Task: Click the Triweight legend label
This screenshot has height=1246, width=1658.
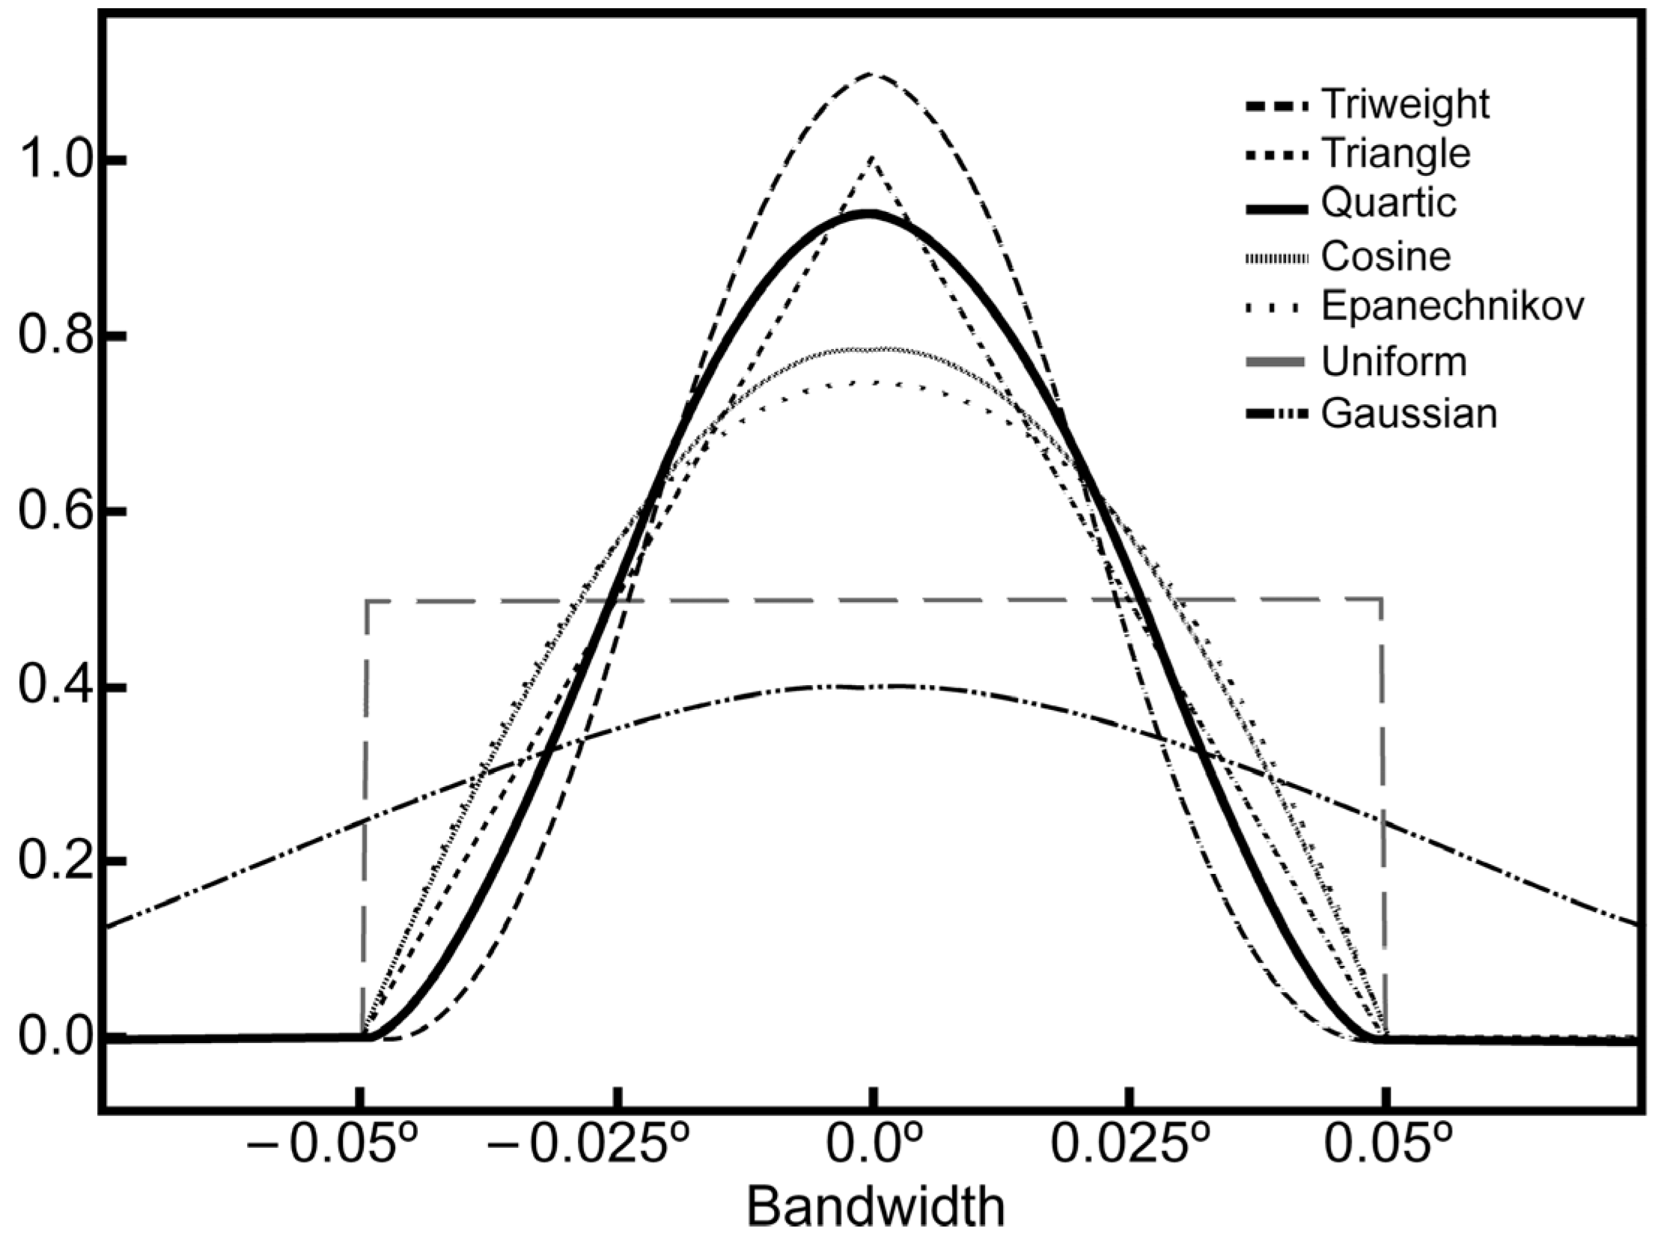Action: tap(1405, 104)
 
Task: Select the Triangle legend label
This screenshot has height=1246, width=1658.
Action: tap(1396, 154)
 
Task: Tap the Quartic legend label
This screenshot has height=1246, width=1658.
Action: tap(1389, 203)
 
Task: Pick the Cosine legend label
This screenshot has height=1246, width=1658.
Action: tap(1386, 257)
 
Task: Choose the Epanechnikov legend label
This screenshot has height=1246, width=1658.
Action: tap(1452, 306)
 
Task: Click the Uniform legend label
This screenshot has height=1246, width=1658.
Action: tap(1394, 362)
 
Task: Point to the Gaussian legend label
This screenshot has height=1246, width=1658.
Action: tap(1409, 414)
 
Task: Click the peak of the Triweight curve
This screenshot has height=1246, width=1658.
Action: tap(871, 74)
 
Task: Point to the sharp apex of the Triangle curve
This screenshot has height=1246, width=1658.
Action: tap(872, 157)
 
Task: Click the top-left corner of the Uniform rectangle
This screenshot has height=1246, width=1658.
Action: tap(367, 601)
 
